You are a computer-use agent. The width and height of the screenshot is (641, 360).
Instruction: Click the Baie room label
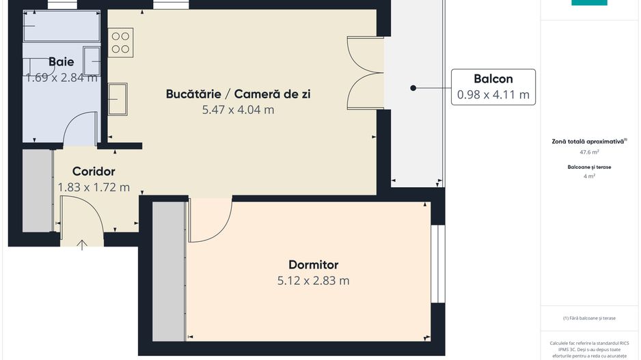pos(62,61)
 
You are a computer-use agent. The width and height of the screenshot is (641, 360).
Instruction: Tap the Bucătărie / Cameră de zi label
pos(238,94)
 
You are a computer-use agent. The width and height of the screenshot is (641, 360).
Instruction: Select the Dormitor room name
pos(313,264)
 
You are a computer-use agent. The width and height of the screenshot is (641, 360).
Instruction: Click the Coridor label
pos(94,171)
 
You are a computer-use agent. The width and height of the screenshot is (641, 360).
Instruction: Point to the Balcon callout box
pos(493,87)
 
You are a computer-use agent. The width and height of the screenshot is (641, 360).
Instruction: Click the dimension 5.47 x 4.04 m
pos(238,109)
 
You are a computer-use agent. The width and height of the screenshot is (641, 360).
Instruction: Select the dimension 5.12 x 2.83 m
pos(313,280)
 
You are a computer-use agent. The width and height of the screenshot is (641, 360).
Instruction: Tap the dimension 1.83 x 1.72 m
pos(94,187)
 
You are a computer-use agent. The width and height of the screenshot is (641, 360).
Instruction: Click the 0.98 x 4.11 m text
pos(493,95)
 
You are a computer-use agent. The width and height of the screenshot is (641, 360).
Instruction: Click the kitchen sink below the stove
pos(118,99)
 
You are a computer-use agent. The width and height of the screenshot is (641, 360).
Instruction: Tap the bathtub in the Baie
pos(62,27)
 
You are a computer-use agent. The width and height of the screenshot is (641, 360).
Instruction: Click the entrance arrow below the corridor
pos(83,244)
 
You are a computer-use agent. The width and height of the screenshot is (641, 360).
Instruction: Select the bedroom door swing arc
pos(212,220)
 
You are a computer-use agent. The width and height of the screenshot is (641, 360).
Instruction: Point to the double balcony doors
pos(365,73)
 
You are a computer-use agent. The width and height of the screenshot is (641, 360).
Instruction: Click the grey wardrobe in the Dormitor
pos(169,271)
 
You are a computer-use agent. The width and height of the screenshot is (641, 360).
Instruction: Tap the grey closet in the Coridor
pos(38,191)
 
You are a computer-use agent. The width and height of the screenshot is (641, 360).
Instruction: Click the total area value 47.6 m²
pos(589,152)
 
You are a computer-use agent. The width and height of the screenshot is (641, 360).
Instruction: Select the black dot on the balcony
pos(413,88)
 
